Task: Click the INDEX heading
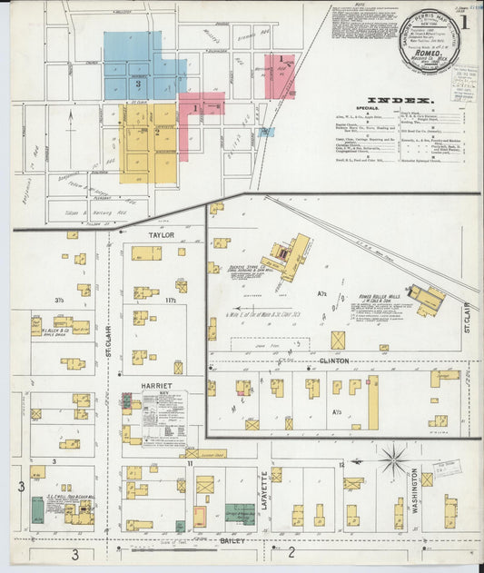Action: (400, 99)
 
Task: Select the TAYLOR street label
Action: (161, 234)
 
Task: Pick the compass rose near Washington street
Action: (393, 459)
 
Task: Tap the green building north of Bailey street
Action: (240, 512)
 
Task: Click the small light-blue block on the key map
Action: (265, 132)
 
